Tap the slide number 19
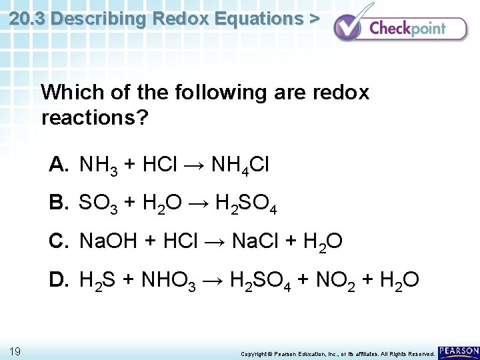click(16, 351)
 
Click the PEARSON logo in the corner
click(459, 351)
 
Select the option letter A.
click(59, 165)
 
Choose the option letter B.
click(59, 203)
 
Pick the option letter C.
click(59, 241)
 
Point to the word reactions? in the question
click(95, 119)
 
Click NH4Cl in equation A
click(239, 166)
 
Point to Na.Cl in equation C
click(256, 241)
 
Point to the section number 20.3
click(27, 19)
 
